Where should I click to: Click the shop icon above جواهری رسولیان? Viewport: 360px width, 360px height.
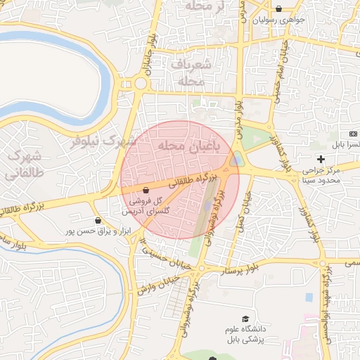(280, 9)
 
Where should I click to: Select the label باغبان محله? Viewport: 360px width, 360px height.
(188, 146)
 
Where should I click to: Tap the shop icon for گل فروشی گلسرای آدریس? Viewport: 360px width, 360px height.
(146, 190)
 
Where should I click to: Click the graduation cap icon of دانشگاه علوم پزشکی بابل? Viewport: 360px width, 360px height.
(245, 320)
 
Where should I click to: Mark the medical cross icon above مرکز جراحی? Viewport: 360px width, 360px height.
(321, 159)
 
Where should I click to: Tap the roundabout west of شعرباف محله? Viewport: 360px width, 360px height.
(140, 84)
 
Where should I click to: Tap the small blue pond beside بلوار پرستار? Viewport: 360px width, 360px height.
(308, 297)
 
